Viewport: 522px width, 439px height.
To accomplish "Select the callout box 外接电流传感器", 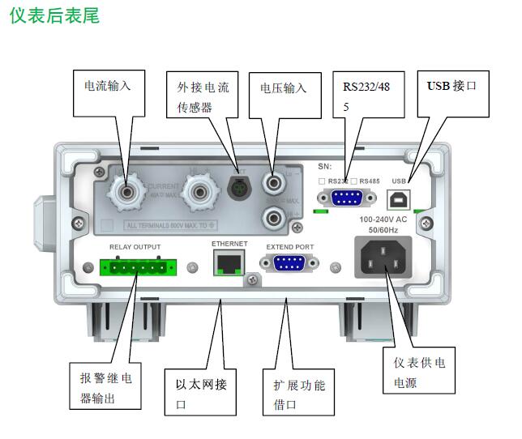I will (x=203, y=96).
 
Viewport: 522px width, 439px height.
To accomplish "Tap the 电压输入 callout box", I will (x=283, y=94).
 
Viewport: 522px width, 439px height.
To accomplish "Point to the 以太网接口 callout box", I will (x=201, y=392).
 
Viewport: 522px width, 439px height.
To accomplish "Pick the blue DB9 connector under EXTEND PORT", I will (x=289, y=262).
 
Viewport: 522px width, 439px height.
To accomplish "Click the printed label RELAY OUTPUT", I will (x=135, y=246).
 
